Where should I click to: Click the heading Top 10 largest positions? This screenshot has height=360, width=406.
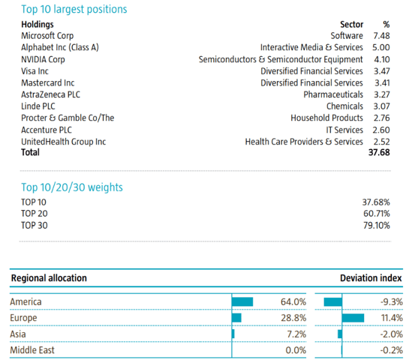click(74, 9)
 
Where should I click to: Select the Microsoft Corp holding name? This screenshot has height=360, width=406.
click(47, 36)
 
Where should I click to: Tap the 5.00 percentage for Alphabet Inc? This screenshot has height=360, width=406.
click(381, 47)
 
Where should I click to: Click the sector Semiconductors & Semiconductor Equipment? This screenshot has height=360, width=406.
click(281, 59)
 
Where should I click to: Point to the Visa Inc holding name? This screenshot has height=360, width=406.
click(35, 71)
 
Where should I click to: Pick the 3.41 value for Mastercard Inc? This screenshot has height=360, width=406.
click(382, 82)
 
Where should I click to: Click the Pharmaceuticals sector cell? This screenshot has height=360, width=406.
click(333, 94)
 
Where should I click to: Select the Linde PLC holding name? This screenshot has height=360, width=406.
click(38, 106)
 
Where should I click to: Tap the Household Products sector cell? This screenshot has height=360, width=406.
click(326, 118)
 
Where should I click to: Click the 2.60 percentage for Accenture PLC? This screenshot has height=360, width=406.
click(381, 130)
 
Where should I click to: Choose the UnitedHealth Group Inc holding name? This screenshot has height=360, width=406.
click(64, 142)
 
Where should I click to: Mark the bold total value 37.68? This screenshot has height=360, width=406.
click(379, 152)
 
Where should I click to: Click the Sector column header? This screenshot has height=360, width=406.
click(352, 24)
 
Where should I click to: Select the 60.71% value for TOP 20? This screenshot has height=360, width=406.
click(377, 214)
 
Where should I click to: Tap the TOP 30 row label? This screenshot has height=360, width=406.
click(35, 225)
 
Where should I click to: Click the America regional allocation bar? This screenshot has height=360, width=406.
click(242, 301)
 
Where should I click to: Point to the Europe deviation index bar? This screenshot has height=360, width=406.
click(353, 318)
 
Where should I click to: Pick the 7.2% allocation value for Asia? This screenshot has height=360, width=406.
click(296, 334)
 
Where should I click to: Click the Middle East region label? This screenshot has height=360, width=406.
click(32, 350)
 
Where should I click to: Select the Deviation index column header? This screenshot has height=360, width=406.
click(371, 278)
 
